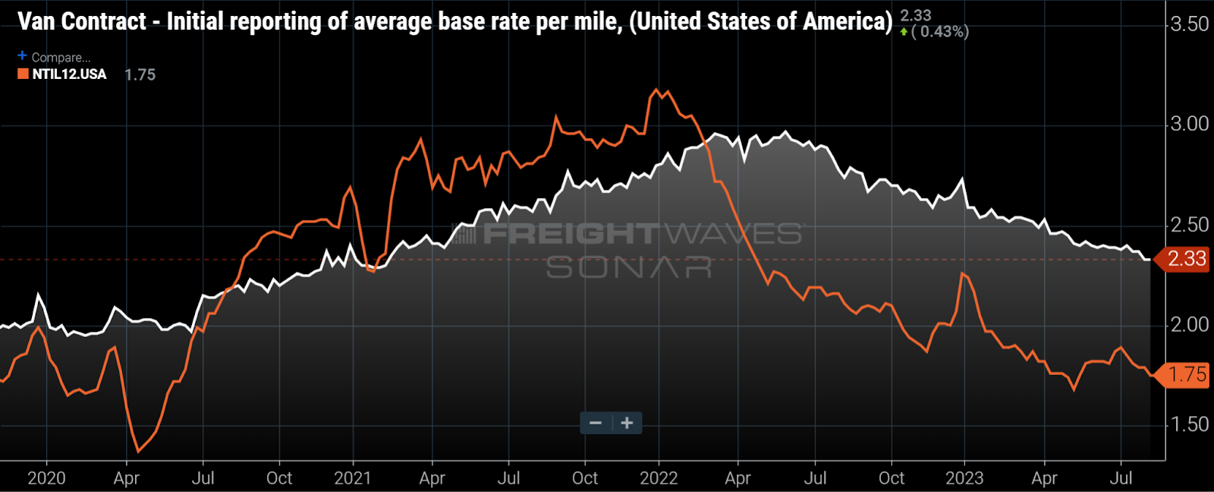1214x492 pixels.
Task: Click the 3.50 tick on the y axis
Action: (1189, 24)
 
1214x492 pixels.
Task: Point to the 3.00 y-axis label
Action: (1189, 124)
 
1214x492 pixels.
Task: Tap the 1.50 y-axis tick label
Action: (1189, 424)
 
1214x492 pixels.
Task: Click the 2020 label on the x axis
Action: (46, 478)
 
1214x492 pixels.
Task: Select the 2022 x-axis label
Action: (659, 478)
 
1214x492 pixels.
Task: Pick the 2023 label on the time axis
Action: (964, 478)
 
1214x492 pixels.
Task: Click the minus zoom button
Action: (596, 423)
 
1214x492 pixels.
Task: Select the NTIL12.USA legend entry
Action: (69, 74)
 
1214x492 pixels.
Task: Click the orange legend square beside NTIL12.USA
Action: (24, 74)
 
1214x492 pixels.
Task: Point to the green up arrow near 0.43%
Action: (904, 32)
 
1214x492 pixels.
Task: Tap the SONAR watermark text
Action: (629, 267)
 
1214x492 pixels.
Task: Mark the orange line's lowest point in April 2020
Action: (138, 452)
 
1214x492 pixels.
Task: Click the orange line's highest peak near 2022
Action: (656, 90)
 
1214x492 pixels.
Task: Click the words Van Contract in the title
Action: (82, 21)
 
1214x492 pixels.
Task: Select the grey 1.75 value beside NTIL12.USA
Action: (140, 74)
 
